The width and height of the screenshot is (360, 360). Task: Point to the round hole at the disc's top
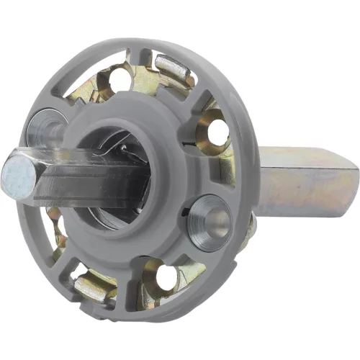(121, 80)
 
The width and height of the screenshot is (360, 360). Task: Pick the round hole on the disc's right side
(215, 133)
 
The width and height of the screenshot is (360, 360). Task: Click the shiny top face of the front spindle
(72, 156)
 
